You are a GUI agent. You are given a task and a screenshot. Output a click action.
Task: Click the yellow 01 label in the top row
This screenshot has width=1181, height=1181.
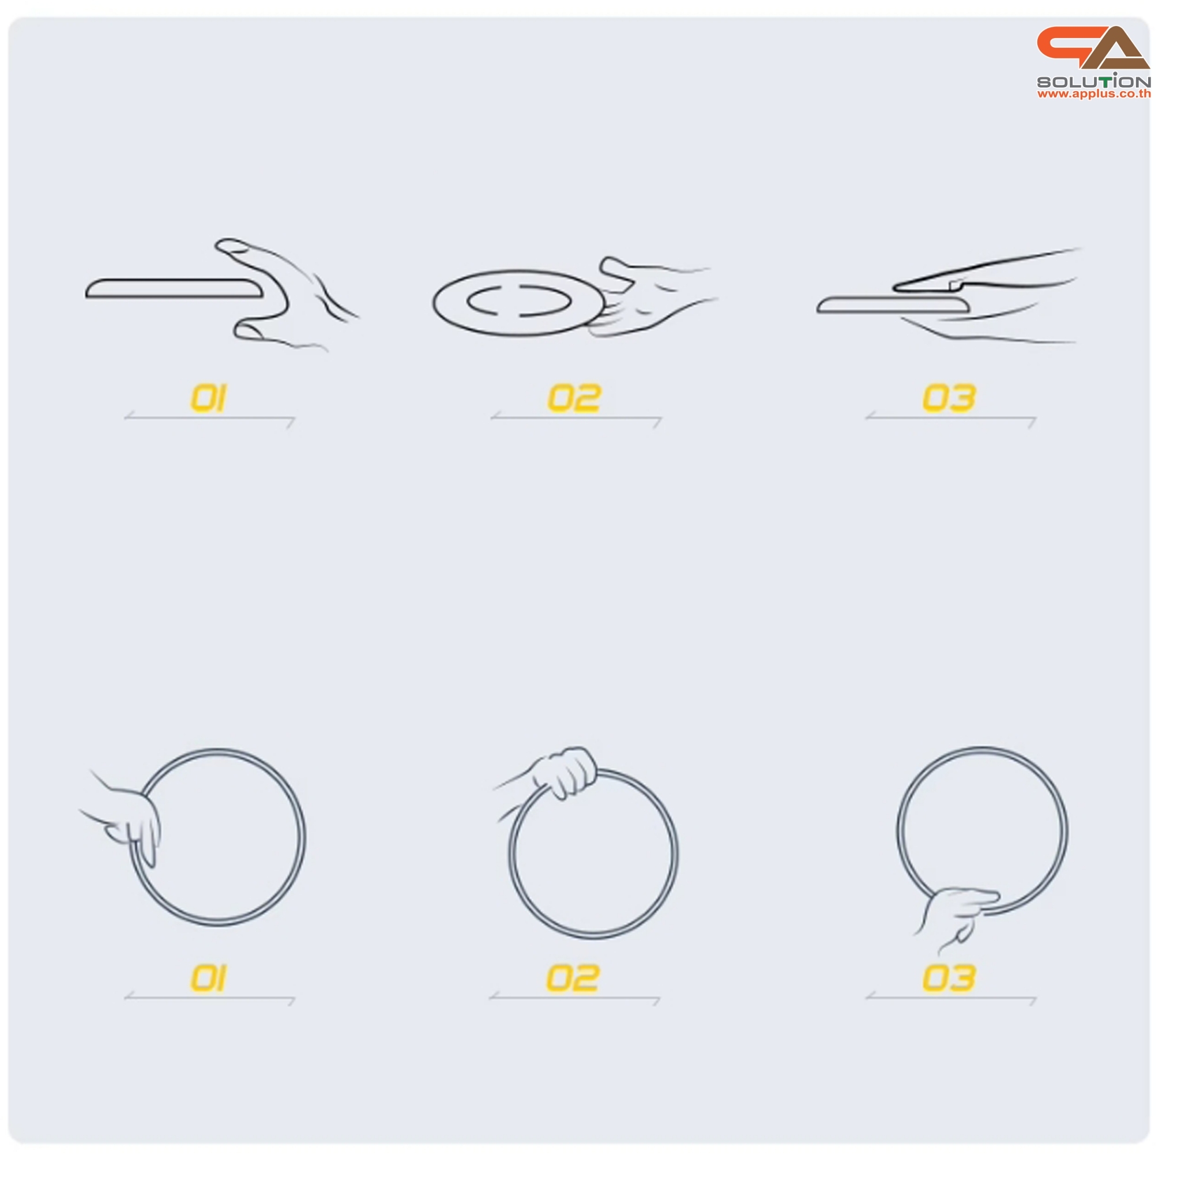tap(208, 398)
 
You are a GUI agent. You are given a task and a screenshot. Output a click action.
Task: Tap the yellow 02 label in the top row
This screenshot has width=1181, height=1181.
tap(574, 398)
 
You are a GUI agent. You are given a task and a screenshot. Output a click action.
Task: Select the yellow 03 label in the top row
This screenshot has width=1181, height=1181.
tap(949, 398)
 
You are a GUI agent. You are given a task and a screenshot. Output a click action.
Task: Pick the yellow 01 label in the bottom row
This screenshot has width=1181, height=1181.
tap(208, 978)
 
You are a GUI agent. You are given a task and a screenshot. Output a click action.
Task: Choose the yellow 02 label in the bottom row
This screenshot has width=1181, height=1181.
tap(573, 978)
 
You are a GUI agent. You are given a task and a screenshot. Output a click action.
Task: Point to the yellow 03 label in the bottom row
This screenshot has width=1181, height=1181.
tap(949, 978)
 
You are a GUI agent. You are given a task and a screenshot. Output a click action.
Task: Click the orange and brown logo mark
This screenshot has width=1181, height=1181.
tap(1093, 48)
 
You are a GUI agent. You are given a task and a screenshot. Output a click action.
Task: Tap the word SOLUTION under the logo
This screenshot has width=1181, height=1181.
tap(1093, 81)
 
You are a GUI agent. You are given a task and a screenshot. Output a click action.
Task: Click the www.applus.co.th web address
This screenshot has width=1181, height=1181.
tap(1093, 94)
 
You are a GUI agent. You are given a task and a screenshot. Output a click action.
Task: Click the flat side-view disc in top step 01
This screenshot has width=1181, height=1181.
tap(174, 288)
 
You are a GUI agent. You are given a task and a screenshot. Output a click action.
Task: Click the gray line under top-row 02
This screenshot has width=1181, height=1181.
tap(576, 419)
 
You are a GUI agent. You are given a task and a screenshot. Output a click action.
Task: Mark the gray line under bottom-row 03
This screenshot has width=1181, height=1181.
tap(950, 998)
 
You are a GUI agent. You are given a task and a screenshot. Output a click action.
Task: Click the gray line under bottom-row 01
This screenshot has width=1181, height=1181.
tap(210, 998)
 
